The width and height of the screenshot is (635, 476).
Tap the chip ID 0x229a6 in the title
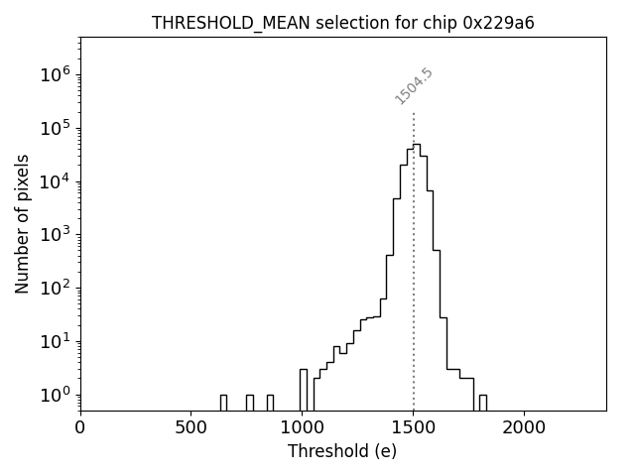pos(498,23)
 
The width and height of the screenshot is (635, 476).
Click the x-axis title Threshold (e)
pos(342,451)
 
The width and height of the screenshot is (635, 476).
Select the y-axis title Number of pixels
pos(22,224)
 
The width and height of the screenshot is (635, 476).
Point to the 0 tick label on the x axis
pos(80,426)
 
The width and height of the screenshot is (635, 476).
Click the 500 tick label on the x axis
pos(191,426)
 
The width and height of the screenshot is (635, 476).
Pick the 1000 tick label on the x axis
pos(302,426)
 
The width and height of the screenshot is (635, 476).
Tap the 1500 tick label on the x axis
pos(413,426)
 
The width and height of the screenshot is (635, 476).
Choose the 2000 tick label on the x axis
pos(524,426)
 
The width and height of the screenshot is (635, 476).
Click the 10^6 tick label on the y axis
pos(56,74)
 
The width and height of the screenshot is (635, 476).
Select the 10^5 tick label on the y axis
pos(56,128)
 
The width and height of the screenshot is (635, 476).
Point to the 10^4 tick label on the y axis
pos(56,181)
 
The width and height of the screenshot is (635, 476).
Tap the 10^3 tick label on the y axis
pos(56,235)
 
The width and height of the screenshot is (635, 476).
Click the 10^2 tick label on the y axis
pos(56,289)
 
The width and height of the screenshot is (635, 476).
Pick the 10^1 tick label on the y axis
pos(56,342)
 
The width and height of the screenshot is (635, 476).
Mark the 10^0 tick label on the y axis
pos(56,395)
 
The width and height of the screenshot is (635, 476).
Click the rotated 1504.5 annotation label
pos(414,86)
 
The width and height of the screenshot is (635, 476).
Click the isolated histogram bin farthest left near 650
pos(223,402)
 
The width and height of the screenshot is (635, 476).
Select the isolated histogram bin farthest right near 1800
pos(482,402)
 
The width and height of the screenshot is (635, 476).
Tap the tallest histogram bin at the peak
pos(417,278)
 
